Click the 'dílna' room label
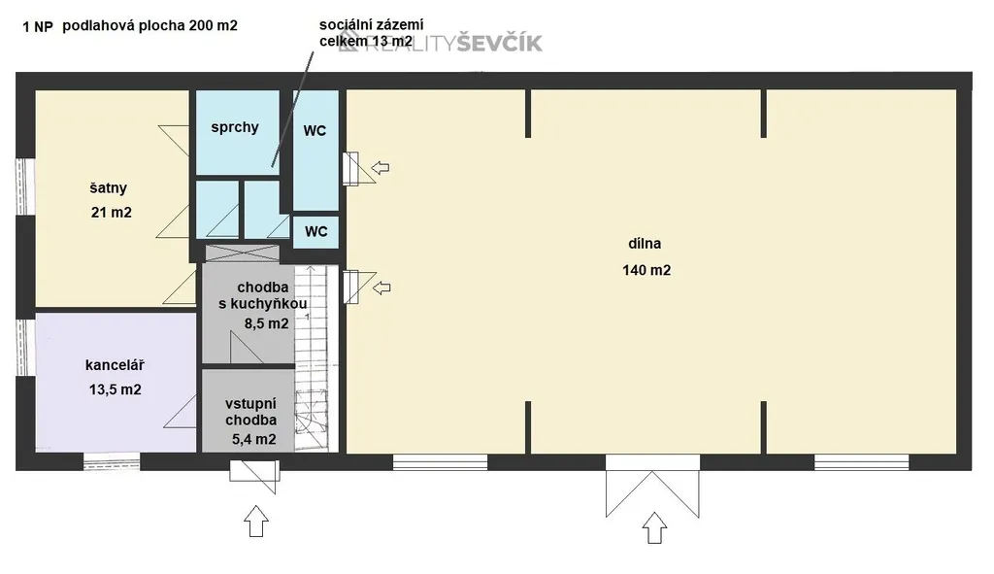[645, 244]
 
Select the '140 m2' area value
[646, 270]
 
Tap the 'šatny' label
[109, 187]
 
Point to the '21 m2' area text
[112, 213]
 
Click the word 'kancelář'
[115, 365]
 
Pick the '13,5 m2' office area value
[115, 389]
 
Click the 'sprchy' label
[235, 127]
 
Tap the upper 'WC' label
[315, 131]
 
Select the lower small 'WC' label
[316, 231]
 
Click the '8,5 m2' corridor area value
[267, 323]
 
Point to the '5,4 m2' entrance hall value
[254, 439]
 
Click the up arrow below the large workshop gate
[655, 527]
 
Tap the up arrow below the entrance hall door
[256, 521]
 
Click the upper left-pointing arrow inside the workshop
[381, 167]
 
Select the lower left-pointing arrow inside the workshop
[381, 287]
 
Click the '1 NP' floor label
[38, 26]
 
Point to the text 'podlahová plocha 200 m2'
[150, 26]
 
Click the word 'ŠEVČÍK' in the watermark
[500, 43]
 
